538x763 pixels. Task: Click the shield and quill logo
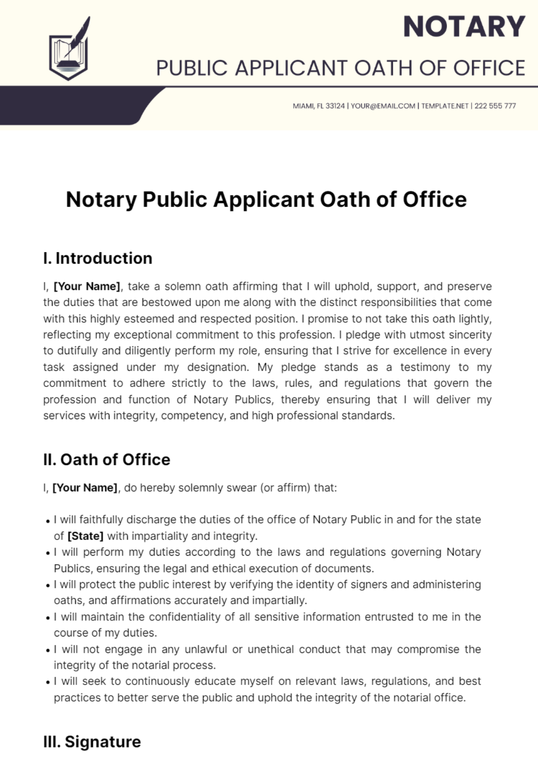[x=69, y=49]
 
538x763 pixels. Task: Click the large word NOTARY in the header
[x=464, y=27]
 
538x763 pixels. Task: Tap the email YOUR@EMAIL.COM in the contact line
[x=383, y=106]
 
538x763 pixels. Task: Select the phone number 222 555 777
[x=495, y=106]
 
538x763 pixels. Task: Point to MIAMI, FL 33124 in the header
[x=319, y=106]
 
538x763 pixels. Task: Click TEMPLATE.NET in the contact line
[x=445, y=106]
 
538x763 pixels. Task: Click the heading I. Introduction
[x=98, y=259]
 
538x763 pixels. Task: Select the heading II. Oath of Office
[x=107, y=460]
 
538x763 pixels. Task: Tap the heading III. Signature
[x=92, y=741]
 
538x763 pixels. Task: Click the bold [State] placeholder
[x=85, y=536]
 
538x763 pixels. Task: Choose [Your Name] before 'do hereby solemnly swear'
[x=85, y=487]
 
